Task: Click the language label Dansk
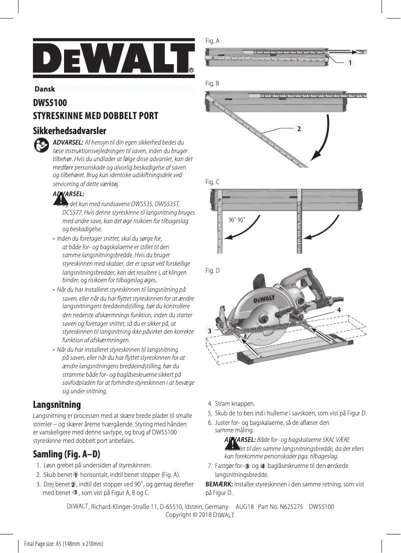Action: click(44, 89)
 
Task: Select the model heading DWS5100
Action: click(50, 104)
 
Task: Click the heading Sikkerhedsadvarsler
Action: click(69, 131)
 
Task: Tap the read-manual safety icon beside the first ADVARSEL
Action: click(41, 145)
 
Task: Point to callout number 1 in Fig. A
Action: click(350, 63)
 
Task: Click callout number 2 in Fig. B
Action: click(298, 129)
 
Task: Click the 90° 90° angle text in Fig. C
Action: click(236, 220)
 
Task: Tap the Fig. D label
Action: click(212, 271)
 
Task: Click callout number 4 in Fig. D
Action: click(339, 310)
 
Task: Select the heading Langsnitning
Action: click(56, 404)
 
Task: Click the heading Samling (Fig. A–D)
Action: click(66, 454)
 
